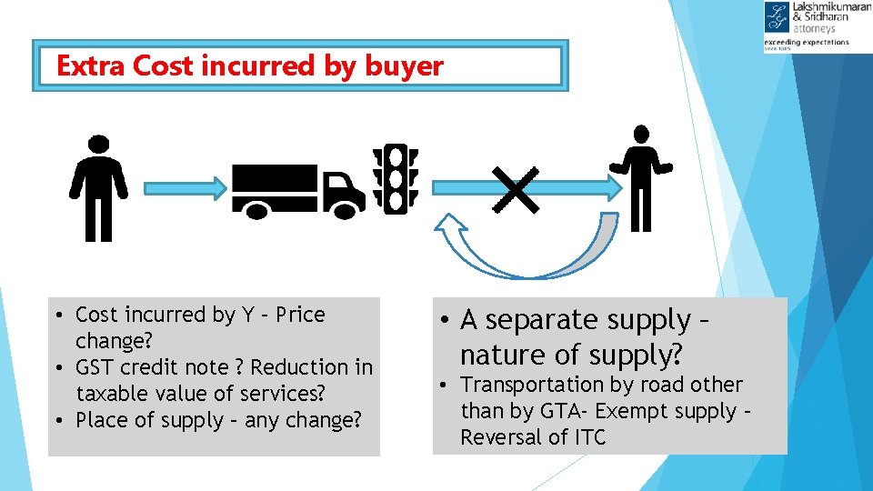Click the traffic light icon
coord(395,179)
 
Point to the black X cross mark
coord(517,189)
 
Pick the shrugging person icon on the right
coord(641,177)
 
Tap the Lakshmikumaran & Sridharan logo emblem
coord(778,19)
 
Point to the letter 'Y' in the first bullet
coord(248,315)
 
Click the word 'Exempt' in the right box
coord(629,411)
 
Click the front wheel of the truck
coord(344,208)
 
